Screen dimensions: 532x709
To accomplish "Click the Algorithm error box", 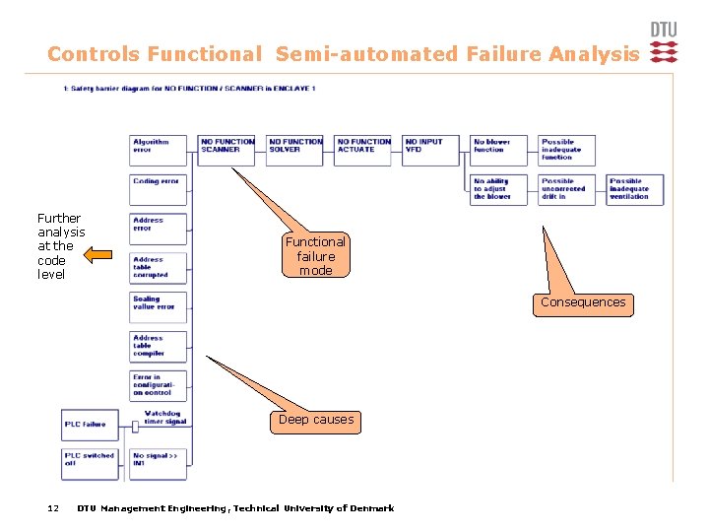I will tap(158, 150).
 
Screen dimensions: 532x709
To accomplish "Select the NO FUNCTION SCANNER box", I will tap(226, 150).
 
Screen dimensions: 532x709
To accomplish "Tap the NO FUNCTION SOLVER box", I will tap(294, 150).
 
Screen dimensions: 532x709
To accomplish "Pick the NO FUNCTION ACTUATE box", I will tap(362, 150).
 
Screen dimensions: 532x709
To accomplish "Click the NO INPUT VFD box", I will tap(429, 150).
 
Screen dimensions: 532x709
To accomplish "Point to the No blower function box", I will tap(498, 150).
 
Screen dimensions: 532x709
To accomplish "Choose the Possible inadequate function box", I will tap(566, 150).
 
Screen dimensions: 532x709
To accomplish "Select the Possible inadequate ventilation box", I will tap(634, 189).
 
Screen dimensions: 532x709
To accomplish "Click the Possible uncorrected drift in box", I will tap(566, 189).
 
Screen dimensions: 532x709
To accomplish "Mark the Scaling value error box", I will tap(158, 306).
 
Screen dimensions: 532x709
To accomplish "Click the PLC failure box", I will tap(90, 425).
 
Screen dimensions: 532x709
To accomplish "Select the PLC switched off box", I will tap(90, 463).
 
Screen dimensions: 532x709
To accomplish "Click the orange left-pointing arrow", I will tap(97, 256).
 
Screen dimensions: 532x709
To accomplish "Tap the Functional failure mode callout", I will tap(315, 256).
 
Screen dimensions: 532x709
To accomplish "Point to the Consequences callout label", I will tap(583, 303).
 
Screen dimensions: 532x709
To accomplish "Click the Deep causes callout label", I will tap(315, 420).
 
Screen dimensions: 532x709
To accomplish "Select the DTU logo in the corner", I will tap(664, 43).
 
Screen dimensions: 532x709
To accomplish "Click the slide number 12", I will tap(54, 508).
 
